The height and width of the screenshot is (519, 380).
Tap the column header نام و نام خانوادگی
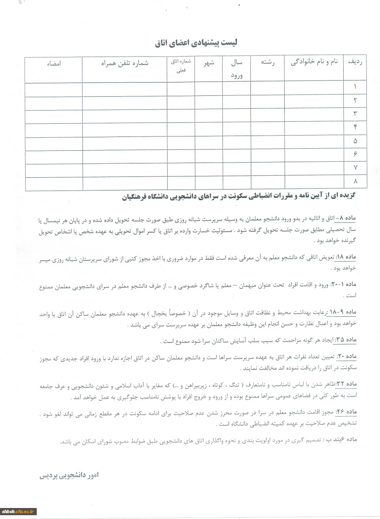click(315, 62)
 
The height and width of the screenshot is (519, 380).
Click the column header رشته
click(268, 62)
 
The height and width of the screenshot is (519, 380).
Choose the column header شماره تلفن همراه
click(125, 63)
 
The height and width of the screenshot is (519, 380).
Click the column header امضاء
click(54, 63)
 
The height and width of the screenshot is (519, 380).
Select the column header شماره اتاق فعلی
click(181, 65)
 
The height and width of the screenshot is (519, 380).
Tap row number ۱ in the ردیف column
click(356, 87)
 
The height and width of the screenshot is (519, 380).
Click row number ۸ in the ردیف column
click(356, 182)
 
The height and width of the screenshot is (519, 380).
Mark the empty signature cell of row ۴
click(54, 128)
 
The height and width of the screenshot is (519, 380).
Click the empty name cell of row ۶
click(314, 155)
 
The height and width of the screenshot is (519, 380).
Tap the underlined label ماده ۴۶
click(346, 412)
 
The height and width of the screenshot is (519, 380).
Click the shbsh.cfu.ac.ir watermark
click(19, 511)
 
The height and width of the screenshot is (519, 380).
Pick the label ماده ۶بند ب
click(342, 439)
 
